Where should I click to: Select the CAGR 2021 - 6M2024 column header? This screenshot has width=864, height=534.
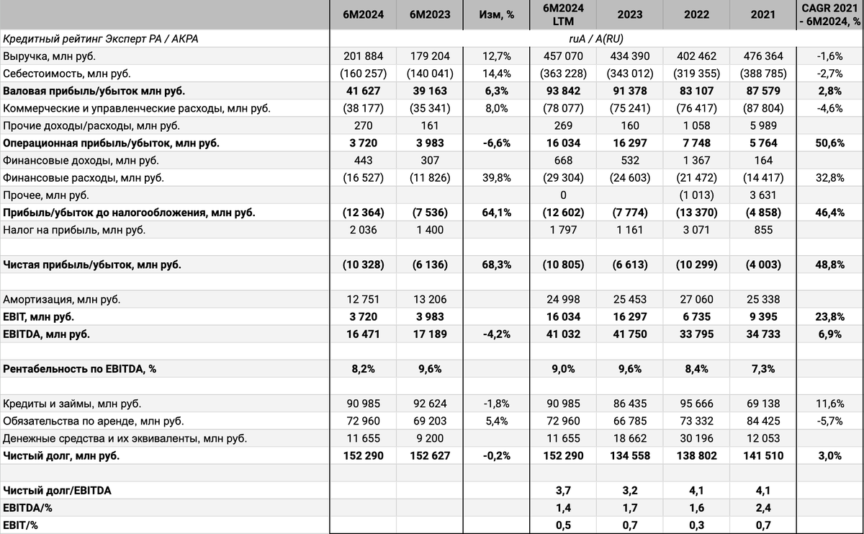click(x=830, y=14)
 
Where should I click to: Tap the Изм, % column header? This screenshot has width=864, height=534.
click(x=496, y=14)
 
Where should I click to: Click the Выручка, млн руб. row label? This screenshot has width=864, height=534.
click(x=50, y=56)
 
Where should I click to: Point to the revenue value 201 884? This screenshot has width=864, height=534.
click(x=364, y=56)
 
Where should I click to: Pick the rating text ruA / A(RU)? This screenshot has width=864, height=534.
click(x=596, y=39)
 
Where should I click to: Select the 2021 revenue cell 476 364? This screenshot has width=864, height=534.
click(x=762, y=56)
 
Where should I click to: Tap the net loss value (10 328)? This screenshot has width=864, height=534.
click(x=363, y=264)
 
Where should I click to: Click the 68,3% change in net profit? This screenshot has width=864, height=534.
click(x=496, y=264)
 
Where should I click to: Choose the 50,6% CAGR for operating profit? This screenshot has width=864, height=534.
click(x=830, y=143)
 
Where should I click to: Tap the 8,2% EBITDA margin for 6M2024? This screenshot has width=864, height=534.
click(x=364, y=368)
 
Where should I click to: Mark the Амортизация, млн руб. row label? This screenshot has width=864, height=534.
click(x=62, y=299)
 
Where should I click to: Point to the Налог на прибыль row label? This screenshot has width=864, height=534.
click(x=74, y=230)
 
